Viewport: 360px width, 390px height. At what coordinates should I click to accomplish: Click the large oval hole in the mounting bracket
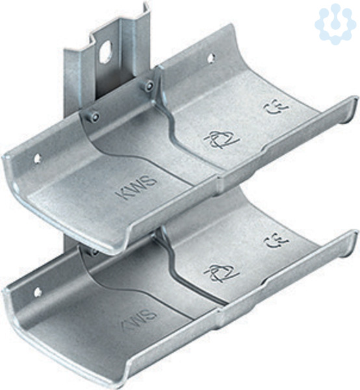(104, 52)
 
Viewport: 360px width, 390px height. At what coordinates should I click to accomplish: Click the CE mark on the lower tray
(277, 242)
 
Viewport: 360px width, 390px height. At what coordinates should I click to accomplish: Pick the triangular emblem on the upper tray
(221, 140)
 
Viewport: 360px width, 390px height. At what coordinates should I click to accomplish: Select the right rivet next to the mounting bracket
(149, 85)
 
